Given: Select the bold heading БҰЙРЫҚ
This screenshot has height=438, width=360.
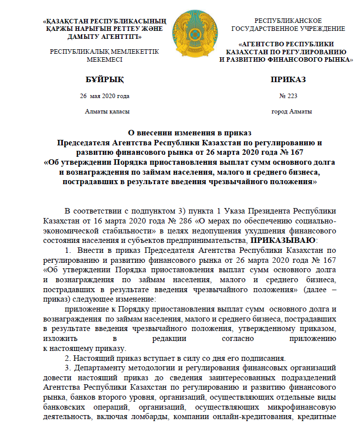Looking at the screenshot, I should pyautogui.click(x=104, y=80).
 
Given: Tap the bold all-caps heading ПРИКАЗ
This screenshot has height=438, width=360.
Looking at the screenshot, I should pyautogui.click(x=288, y=80).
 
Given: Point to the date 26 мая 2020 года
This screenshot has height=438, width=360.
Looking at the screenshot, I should pyautogui.click(x=105, y=96).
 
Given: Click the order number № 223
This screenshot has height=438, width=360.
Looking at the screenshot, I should pyautogui.click(x=288, y=96).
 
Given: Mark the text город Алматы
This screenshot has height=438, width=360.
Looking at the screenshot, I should pyautogui.click(x=291, y=112).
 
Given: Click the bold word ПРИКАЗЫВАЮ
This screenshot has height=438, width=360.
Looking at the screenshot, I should pyautogui.click(x=285, y=240).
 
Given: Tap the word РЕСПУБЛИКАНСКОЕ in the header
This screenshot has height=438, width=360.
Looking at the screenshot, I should pyautogui.click(x=288, y=20).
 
